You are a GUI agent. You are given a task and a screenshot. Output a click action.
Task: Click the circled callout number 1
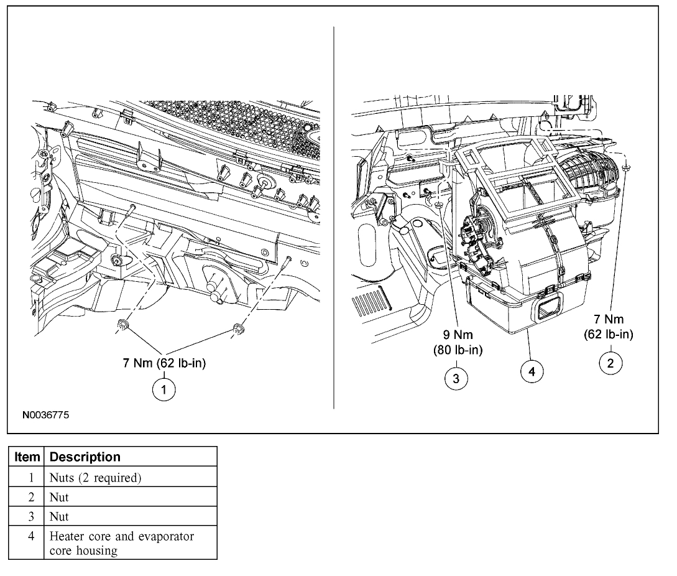[x=163, y=390]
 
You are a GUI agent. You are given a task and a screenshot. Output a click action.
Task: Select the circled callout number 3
[x=457, y=378]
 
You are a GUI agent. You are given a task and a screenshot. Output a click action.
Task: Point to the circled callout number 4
[x=531, y=371]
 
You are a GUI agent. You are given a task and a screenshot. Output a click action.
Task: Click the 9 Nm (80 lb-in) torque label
[x=458, y=343]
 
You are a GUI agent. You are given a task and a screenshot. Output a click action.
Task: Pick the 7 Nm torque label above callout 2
[x=608, y=327]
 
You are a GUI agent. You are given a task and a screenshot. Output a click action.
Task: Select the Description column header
[x=85, y=457]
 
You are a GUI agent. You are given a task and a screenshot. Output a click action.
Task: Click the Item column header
[x=27, y=457]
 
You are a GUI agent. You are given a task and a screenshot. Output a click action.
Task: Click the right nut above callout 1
[x=237, y=329]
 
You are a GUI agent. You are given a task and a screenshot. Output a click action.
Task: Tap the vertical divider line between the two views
[x=334, y=218]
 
